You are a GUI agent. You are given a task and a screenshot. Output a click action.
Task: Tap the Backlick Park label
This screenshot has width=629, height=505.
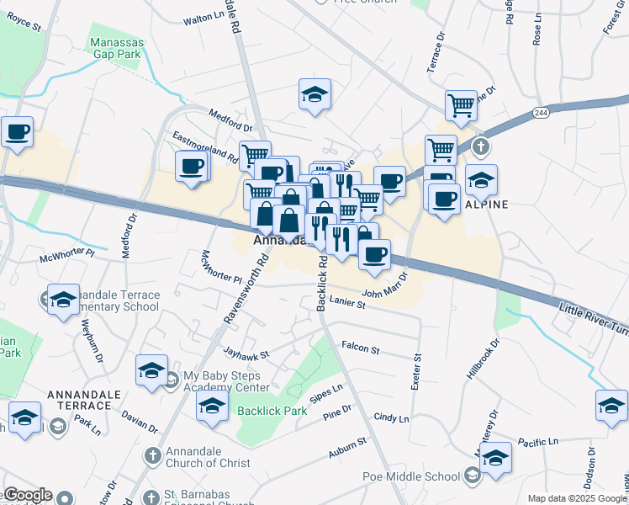pyautogui.click(x=272, y=412)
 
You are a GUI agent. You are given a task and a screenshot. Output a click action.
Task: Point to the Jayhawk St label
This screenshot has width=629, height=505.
pyautogui.click(x=246, y=354)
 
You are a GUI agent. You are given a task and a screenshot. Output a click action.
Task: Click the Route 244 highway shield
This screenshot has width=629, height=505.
pyautogui.click(x=541, y=112)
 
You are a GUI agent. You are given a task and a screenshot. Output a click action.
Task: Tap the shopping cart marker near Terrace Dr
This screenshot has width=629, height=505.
pyautogui.click(x=461, y=105)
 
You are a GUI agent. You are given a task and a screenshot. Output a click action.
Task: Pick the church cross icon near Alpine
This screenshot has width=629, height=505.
pyautogui.click(x=479, y=147)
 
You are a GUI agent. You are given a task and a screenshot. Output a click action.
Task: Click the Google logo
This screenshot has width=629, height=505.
pyautogui.click(x=28, y=495)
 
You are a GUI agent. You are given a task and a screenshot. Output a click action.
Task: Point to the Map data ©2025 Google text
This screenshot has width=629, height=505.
pyautogui.click(x=577, y=498)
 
